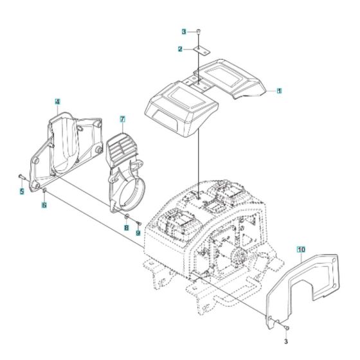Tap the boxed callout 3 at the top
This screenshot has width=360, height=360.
click(184, 31)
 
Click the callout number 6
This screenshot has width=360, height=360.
click(44, 205)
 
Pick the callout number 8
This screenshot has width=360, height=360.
click(127, 228)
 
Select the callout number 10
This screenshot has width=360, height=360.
click(301, 247)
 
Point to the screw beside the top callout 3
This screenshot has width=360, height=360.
click(199, 31)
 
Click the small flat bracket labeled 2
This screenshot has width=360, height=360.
click(199, 50)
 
